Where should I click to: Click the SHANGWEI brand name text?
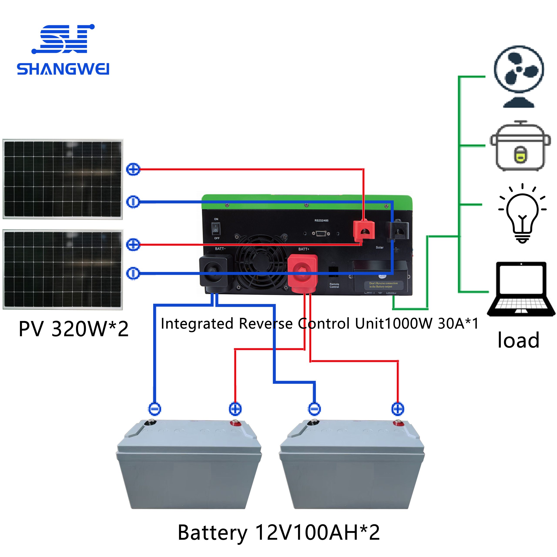tap(63, 69)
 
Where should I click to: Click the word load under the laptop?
tap(518, 340)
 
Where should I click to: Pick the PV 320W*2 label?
tap(74, 329)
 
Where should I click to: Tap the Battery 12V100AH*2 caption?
tap(278, 532)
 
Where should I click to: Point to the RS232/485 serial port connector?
tap(321, 233)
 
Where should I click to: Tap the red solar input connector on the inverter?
tap(364, 230)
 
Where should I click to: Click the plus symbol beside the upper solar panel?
tap(133, 169)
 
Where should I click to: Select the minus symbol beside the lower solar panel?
tap(133, 273)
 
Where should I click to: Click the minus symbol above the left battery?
tap(154, 409)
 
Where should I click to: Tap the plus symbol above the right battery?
tap(398, 409)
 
